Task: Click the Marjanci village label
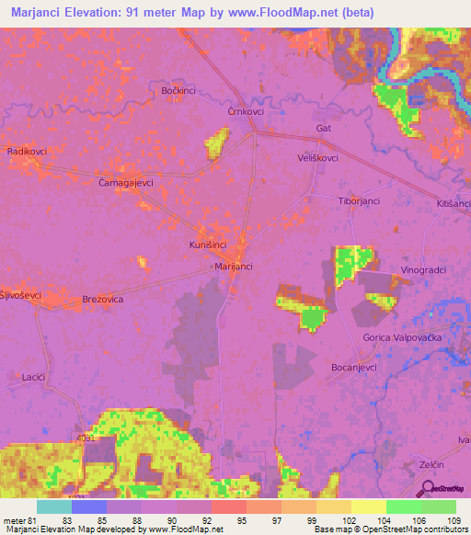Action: click(233, 266)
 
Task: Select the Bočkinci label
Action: click(179, 91)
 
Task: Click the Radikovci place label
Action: click(27, 151)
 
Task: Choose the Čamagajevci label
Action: click(125, 183)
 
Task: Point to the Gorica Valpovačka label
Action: click(405, 338)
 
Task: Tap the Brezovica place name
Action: click(103, 300)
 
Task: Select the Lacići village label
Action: click(33, 377)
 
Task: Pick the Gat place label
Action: click(323, 128)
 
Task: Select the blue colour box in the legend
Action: click(88, 507)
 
